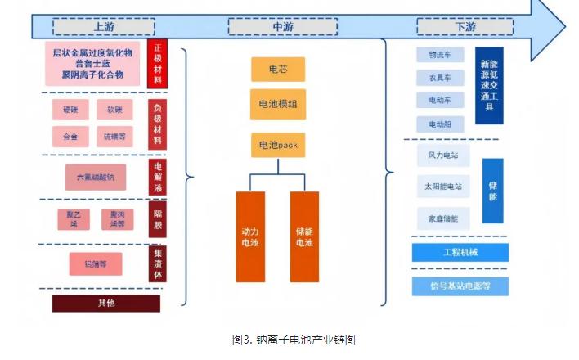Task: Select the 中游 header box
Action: (282, 27)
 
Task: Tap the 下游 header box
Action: (465, 27)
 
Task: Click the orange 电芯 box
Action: (278, 70)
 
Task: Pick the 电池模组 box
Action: (278, 105)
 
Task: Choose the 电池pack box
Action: (278, 145)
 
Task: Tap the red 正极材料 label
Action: (158, 65)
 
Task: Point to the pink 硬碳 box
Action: (70, 110)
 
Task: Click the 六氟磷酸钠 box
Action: (96, 177)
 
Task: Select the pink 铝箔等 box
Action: (96, 263)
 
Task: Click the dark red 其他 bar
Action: (106, 304)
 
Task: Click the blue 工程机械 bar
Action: (460, 252)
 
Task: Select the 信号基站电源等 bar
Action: (460, 286)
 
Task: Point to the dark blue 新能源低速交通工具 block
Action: (488, 85)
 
